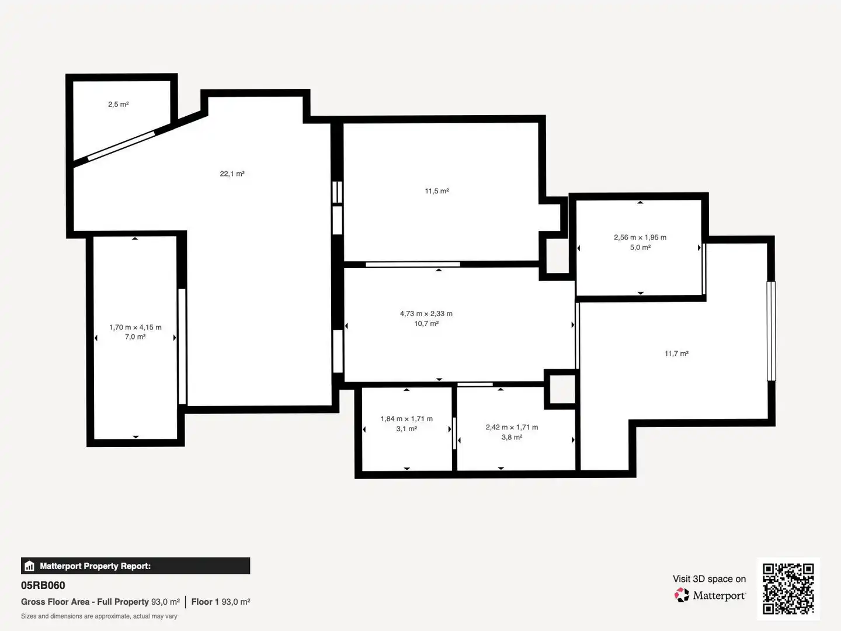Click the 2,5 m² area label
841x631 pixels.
tap(118, 104)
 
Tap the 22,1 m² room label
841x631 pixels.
tap(232, 174)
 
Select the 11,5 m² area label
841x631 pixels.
tap(437, 191)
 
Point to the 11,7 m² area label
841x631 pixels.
tap(676, 353)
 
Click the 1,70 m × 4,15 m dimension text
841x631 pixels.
tap(135, 327)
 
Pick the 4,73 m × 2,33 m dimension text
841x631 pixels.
tap(426, 313)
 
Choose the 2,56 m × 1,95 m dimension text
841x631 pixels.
tap(640, 237)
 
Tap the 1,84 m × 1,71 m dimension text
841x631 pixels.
tap(406, 419)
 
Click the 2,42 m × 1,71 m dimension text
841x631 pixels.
tap(512, 427)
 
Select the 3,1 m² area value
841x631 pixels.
tap(406, 429)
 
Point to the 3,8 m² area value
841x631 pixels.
tap(512, 437)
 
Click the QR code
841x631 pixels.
tap(788, 588)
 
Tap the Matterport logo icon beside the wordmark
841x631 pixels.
tap(682, 595)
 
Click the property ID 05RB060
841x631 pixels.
tap(43, 585)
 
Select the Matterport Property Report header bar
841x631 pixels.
tap(135, 566)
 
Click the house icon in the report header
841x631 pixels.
tap(30, 566)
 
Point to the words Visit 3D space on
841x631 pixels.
tap(709, 579)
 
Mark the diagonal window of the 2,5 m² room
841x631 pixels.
tap(121, 145)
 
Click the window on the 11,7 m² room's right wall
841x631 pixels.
tap(772, 331)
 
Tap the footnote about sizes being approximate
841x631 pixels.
tap(99, 616)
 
